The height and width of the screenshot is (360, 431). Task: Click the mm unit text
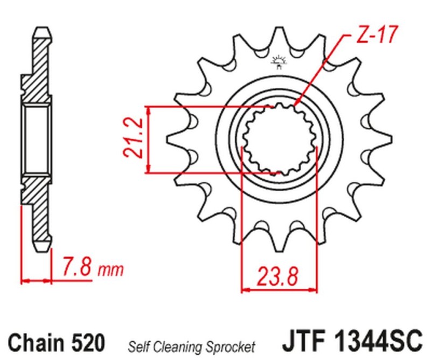click(x=111, y=269)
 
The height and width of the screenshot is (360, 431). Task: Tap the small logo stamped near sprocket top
click(x=279, y=61)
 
